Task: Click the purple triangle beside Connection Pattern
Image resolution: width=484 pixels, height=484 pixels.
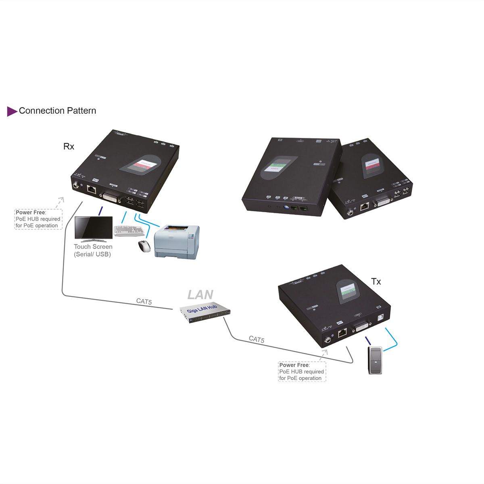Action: coord(12,111)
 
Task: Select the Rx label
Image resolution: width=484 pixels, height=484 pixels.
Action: coord(69,146)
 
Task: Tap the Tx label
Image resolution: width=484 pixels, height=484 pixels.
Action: coord(376,282)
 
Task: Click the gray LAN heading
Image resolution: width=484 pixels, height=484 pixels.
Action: coord(200,295)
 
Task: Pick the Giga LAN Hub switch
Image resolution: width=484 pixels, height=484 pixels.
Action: coord(205,313)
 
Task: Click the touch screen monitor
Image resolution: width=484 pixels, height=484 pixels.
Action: coord(94,229)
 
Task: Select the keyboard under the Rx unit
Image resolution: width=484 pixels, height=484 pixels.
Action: coord(129,231)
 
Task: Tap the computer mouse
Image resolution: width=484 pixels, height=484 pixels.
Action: coord(144,246)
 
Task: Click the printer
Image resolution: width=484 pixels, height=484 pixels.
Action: coord(177,242)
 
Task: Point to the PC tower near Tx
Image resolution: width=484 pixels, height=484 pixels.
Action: coord(375,360)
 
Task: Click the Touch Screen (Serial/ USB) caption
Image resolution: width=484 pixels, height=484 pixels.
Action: coord(93,250)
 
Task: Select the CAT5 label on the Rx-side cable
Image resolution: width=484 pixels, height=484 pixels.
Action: coord(144,301)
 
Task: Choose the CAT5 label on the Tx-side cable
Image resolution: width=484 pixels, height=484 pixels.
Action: coord(257,339)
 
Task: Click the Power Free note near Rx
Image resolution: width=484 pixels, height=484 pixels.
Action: coord(38,219)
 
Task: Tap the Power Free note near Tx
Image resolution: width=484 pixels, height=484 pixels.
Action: coord(302,371)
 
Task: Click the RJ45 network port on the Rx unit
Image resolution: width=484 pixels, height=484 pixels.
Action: coord(92,189)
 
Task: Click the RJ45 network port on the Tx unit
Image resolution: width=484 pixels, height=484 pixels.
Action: coord(342,333)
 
